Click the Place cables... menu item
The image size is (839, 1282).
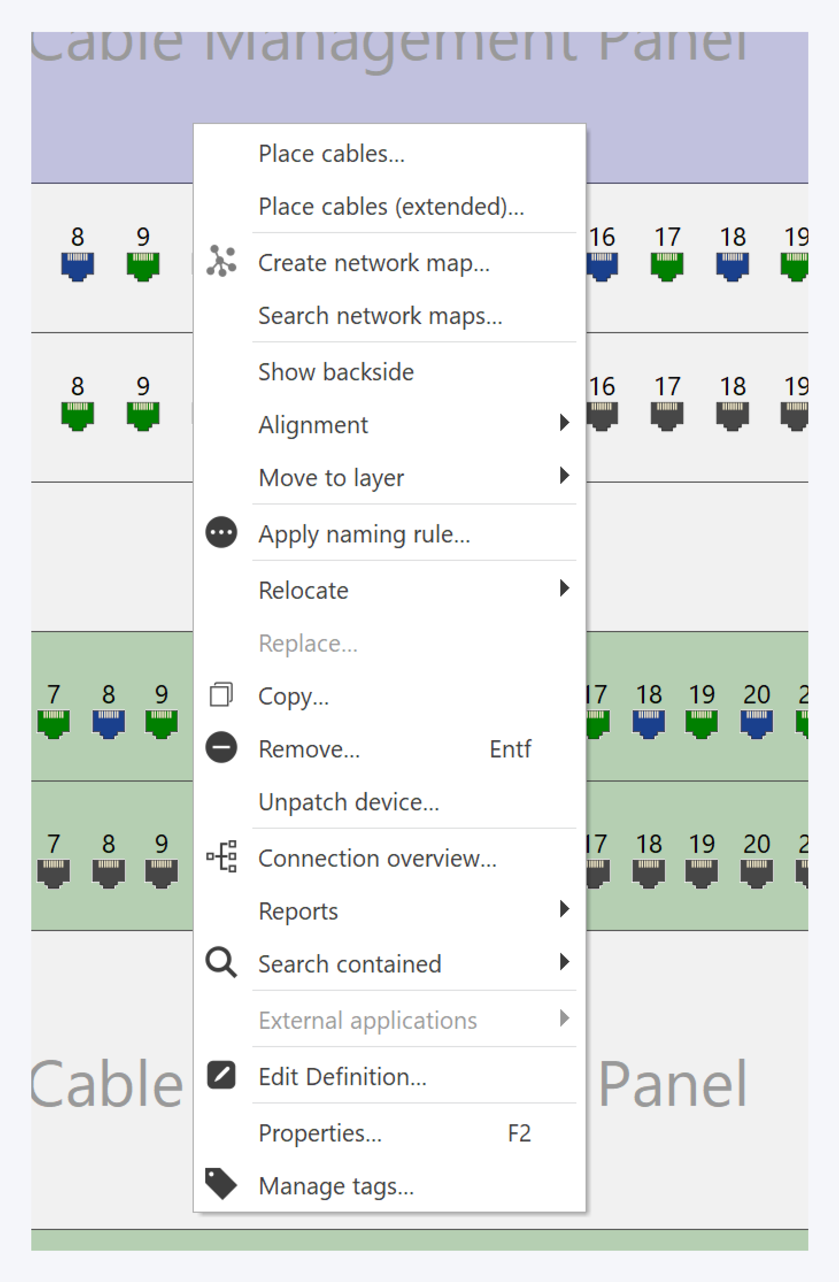[x=331, y=154]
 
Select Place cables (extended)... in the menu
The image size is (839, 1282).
[x=391, y=207]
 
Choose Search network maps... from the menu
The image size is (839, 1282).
[x=380, y=316]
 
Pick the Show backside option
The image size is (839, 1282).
[x=336, y=372]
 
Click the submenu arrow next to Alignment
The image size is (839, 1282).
[x=564, y=423]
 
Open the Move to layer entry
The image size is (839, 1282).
[x=331, y=478]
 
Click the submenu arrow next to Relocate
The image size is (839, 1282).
[x=564, y=588]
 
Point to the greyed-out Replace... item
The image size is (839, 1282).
[x=308, y=644]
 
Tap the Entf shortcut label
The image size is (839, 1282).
[x=510, y=749]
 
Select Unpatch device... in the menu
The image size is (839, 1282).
[x=349, y=802]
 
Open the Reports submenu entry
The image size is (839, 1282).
[x=298, y=911]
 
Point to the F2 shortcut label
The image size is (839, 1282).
[x=519, y=1133]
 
